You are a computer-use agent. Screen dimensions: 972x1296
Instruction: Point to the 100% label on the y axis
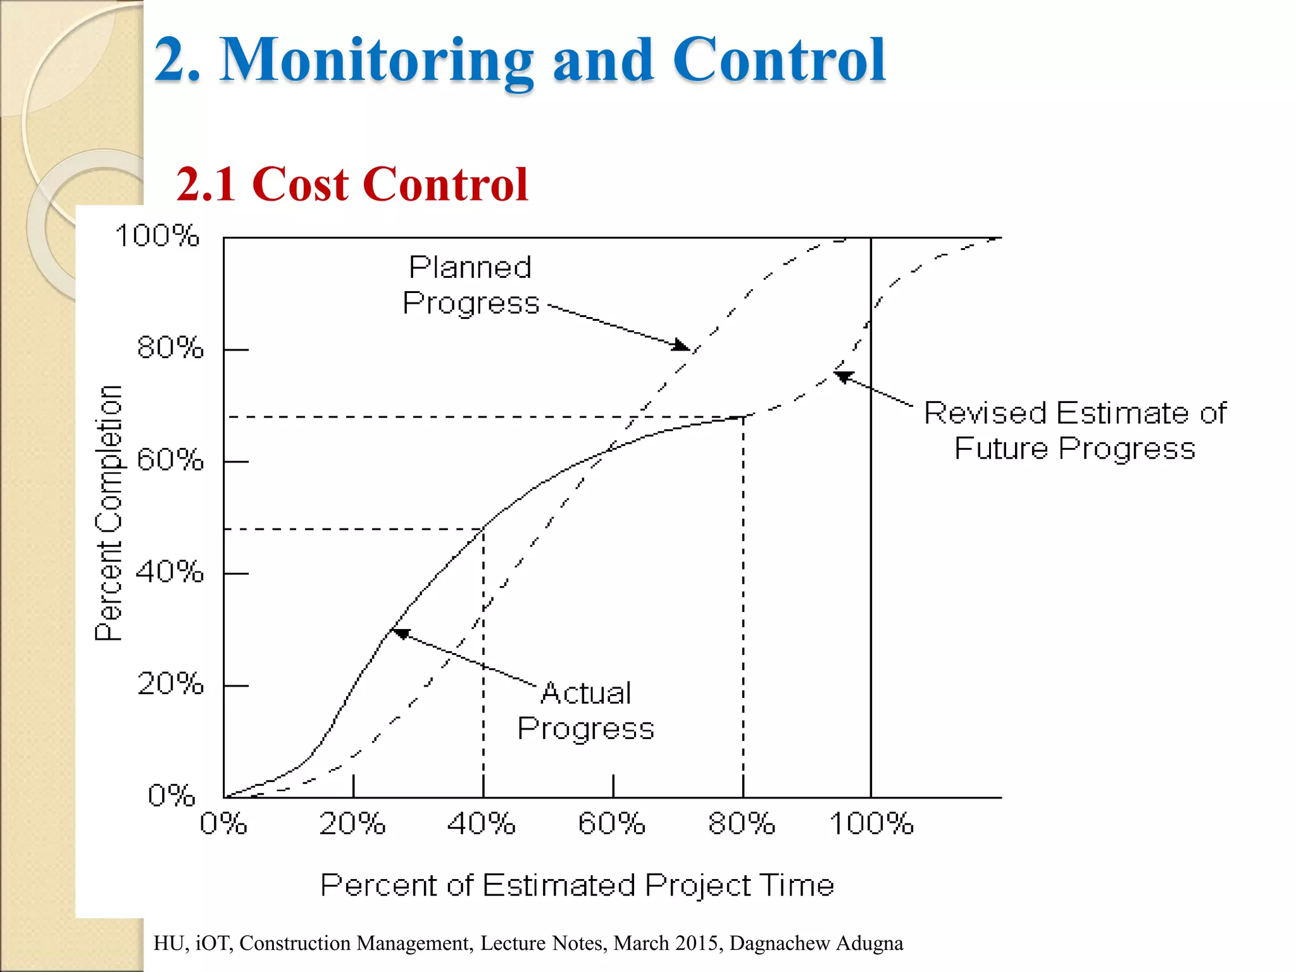click(157, 236)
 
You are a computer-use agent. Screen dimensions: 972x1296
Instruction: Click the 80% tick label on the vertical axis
click(170, 348)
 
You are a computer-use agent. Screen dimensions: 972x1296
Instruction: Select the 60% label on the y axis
click(170, 460)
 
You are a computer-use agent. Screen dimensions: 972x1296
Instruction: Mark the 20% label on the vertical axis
click(170, 684)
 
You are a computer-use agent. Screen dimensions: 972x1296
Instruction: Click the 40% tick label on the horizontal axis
click(481, 824)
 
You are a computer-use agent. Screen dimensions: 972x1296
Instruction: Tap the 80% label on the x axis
click(741, 824)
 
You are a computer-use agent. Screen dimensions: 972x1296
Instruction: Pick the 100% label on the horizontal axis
click(871, 824)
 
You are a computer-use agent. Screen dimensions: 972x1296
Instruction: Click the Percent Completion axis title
click(108, 513)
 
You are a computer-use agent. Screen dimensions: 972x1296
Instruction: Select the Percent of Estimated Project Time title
click(576, 885)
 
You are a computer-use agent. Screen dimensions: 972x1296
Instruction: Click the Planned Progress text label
click(470, 285)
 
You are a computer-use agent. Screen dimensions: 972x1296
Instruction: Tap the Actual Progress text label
click(585, 711)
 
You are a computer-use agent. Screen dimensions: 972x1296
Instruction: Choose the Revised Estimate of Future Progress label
click(1075, 430)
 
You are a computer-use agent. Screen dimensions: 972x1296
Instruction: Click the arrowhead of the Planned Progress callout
click(682, 345)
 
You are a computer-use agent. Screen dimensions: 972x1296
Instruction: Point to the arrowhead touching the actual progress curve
click(400, 633)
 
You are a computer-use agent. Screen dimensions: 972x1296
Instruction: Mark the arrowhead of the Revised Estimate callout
click(844, 377)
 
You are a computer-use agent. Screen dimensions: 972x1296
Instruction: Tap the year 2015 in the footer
click(701, 943)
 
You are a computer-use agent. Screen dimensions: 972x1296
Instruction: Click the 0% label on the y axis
click(171, 795)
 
